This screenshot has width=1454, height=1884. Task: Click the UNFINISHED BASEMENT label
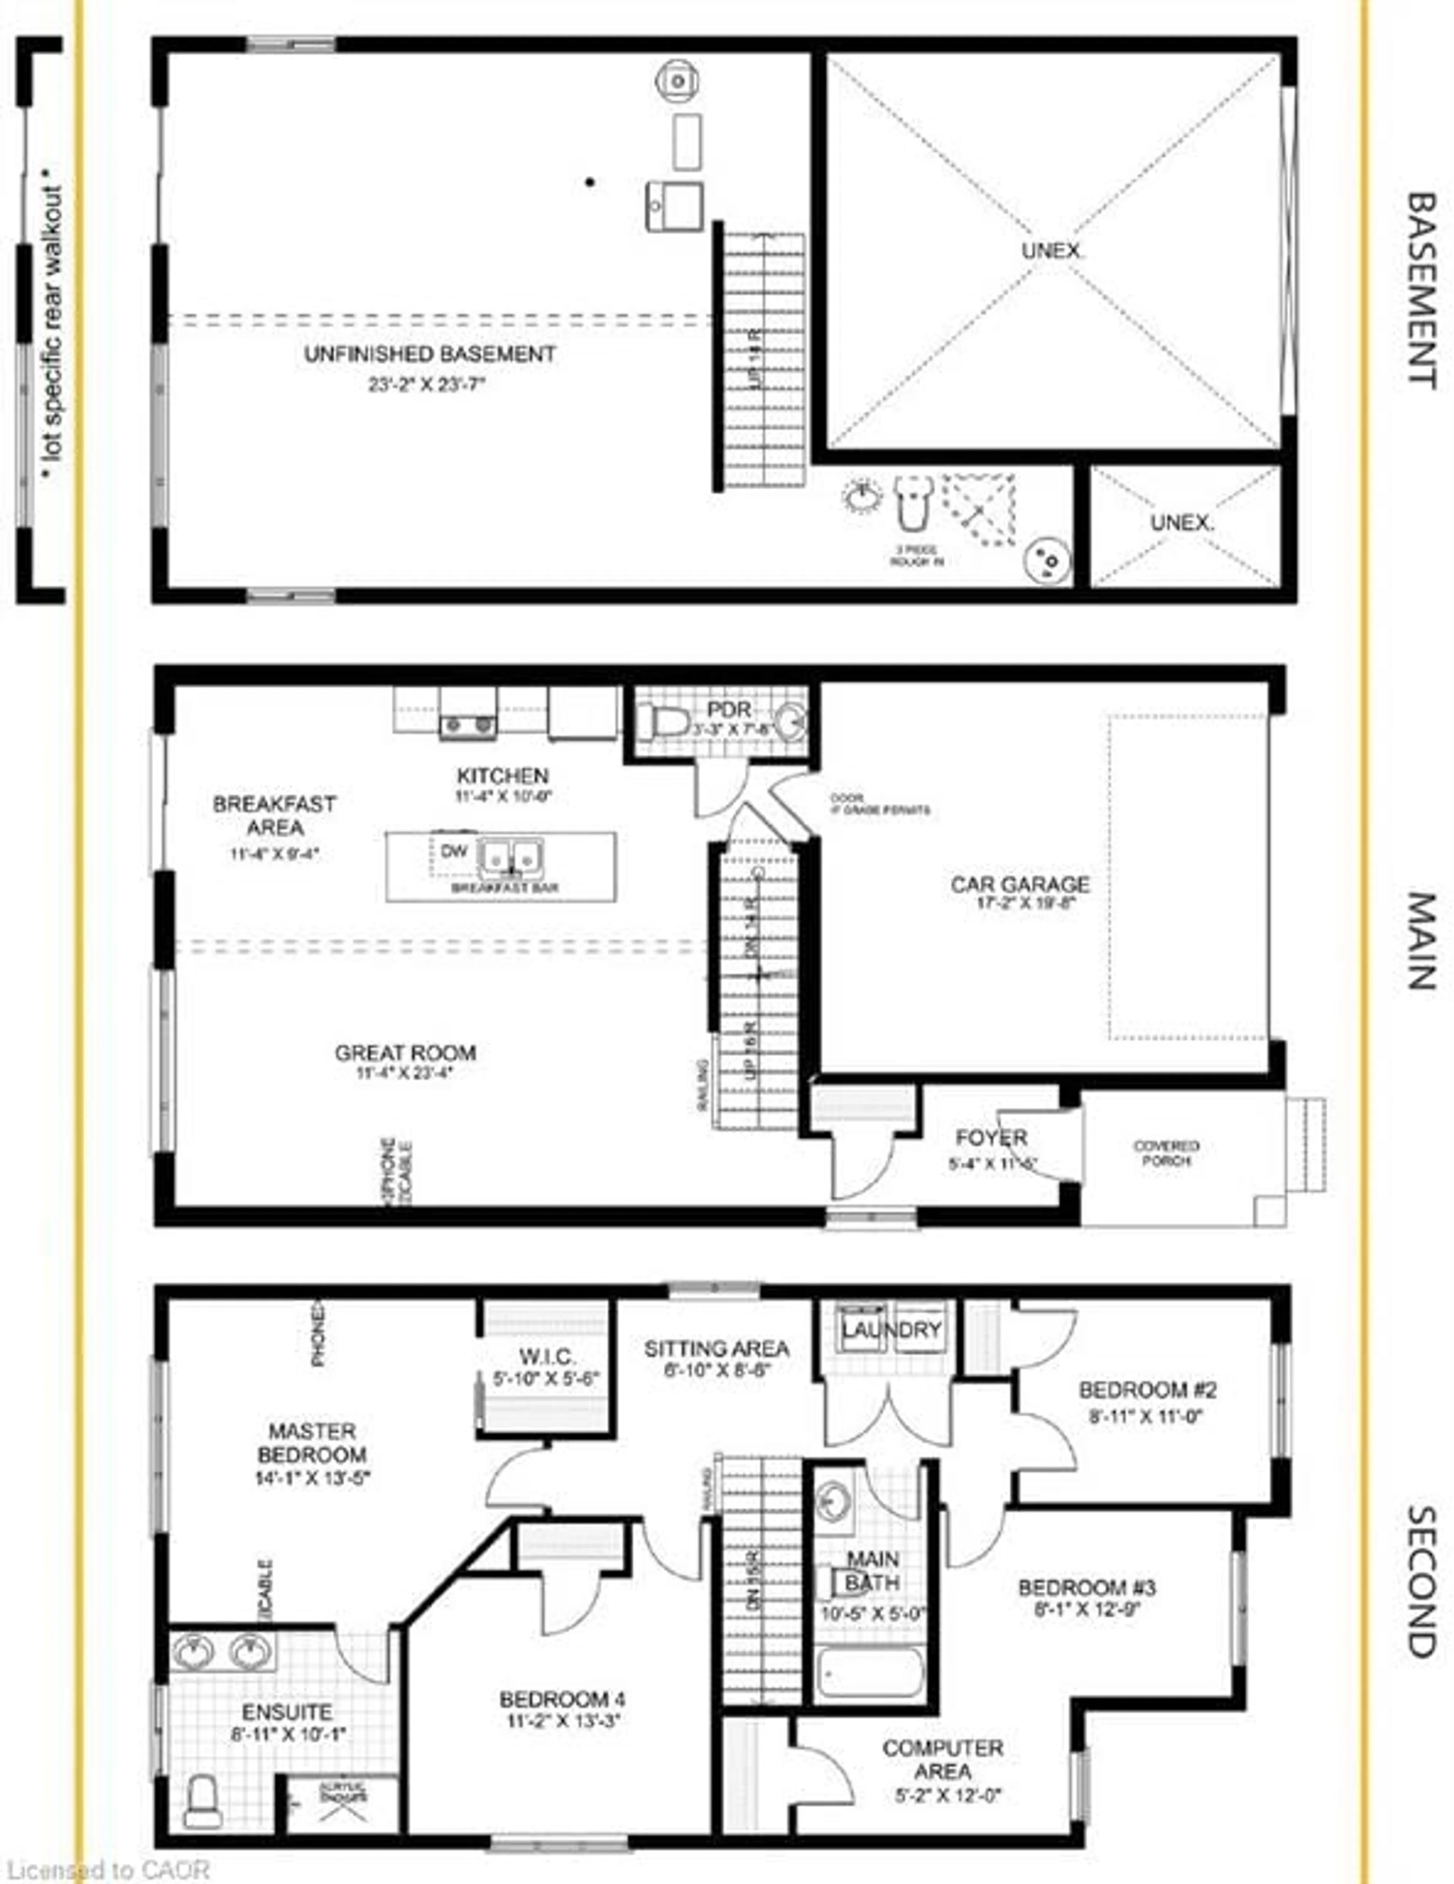tap(429, 355)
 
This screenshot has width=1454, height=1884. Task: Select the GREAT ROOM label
tap(405, 1052)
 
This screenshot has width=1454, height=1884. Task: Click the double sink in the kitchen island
tap(510, 857)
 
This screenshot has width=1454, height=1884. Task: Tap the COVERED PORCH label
tap(1166, 1153)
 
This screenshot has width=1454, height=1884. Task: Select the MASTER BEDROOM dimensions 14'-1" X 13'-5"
tap(312, 1477)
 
